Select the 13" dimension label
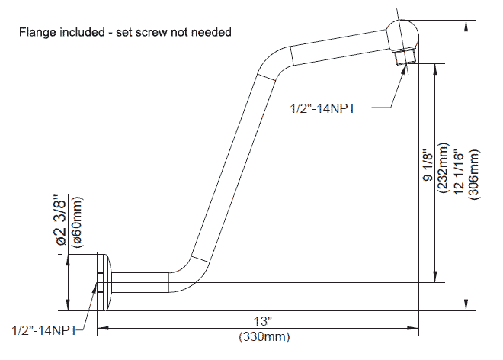tap(263, 320)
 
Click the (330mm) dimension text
tap(264, 337)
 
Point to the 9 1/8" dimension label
tap(429, 165)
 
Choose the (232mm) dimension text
tap(443, 168)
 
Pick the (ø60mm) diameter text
tap(77, 222)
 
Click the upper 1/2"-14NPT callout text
tap(322, 108)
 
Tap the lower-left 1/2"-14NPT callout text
tap(45, 330)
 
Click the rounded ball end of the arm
tap(402, 34)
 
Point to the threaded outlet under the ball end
tap(405, 57)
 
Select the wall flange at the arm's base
tap(104, 283)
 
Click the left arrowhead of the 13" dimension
tap(103, 328)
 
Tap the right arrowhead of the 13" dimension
tap(413, 328)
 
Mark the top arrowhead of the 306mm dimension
tap(466, 26)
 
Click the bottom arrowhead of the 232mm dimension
tap(435, 277)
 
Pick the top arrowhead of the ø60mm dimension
tap(68, 260)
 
